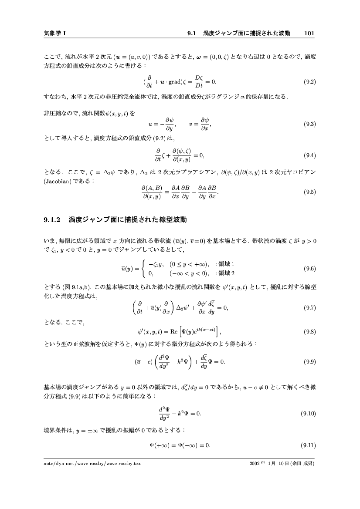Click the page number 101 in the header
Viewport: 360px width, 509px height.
(309, 33)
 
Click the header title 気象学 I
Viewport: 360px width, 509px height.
(55, 33)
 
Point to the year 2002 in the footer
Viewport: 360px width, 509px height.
(255, 464)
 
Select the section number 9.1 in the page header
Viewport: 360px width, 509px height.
(193, 33)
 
